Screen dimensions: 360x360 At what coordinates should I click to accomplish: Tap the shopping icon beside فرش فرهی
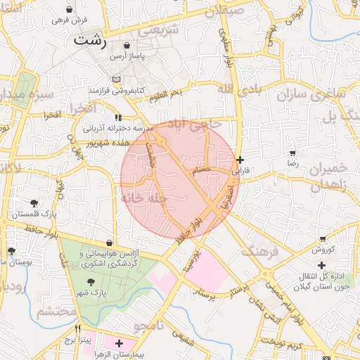(x=70, y=10)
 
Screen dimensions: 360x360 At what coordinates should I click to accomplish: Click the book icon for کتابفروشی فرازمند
(x=117, y=79)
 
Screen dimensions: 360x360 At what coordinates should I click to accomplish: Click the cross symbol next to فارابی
(x=240, y=160)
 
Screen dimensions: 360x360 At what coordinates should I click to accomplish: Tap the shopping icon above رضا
(x=292, y=153)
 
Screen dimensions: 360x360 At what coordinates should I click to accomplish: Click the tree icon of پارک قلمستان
(x=34, y=203)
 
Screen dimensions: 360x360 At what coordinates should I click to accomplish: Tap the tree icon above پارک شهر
(x=92, y=281)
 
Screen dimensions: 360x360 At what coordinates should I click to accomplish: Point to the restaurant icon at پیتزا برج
(x=78, y=328)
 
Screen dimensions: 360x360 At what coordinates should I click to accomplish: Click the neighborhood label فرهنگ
(x=258, y=251)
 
